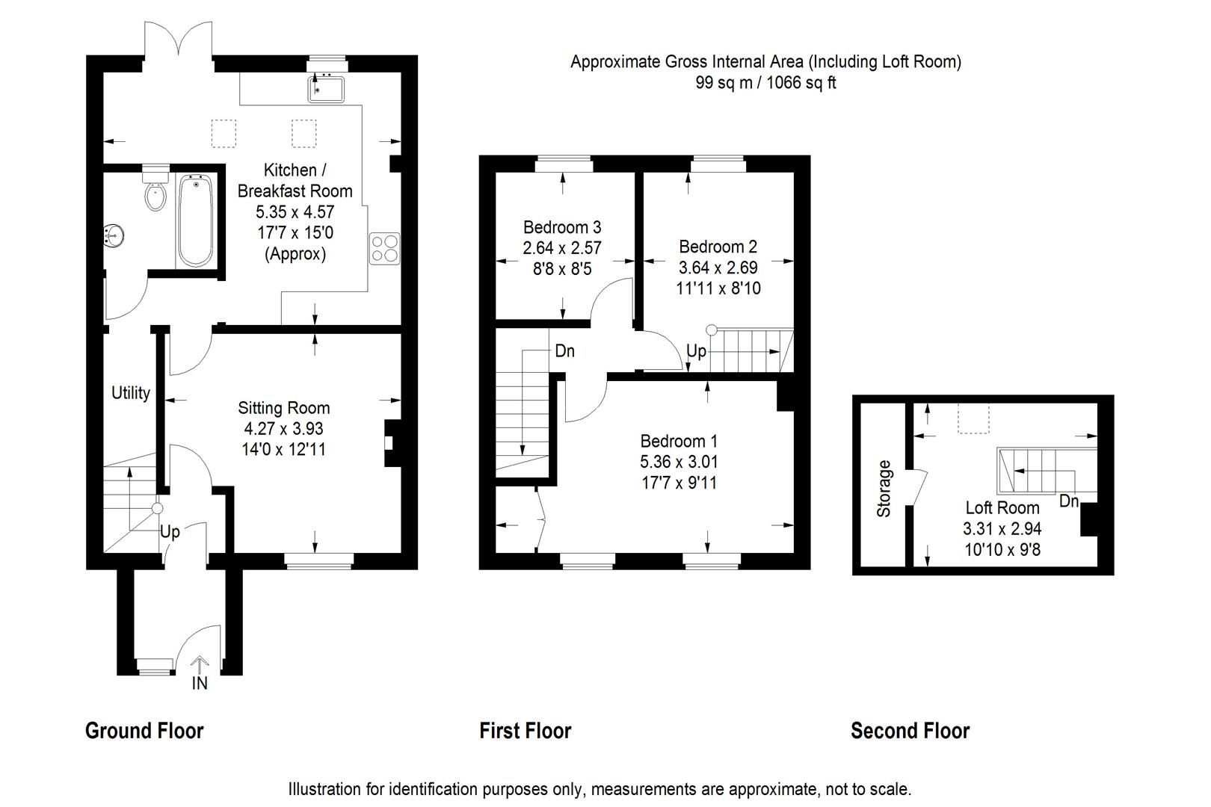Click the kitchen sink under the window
tap(325, 89)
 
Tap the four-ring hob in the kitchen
tap(384, 249)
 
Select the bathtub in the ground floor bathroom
tap(196, 220)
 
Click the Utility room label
tap(130, 393)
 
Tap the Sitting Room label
tap(284, 408)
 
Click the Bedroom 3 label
tap(562, 227)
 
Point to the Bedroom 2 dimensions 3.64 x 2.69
tap(718, 268)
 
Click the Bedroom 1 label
tap(679, 441)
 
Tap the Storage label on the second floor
tap(884, 489)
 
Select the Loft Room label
tap(1003, 507)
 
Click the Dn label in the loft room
tap(1069, 501)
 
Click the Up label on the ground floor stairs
tap(170, 533)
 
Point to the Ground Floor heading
tap(144, 731)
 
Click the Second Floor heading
tap(910, 731)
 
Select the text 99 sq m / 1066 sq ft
tap(765, 83)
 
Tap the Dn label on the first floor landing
tap(564, 351)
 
